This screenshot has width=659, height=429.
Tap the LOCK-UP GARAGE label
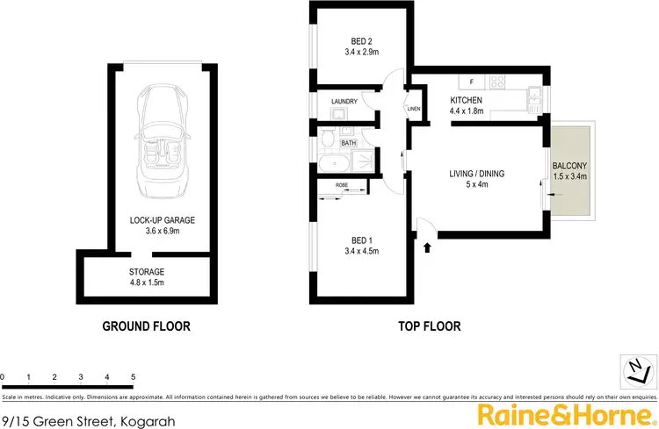[158, 220]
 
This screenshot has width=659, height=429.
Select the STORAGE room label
[146, 272]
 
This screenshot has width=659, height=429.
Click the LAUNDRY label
[344, 102]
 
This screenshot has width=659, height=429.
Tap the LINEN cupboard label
[414, 109]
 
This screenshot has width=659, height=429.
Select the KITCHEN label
[467, 99]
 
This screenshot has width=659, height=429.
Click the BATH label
[348, 142]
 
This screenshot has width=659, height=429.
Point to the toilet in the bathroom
[326, 139]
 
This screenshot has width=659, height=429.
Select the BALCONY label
[568, 167]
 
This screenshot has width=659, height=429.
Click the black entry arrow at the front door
[428, 248]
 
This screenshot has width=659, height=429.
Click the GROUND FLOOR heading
[146, 326]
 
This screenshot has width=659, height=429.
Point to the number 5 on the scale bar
[133, 376]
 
